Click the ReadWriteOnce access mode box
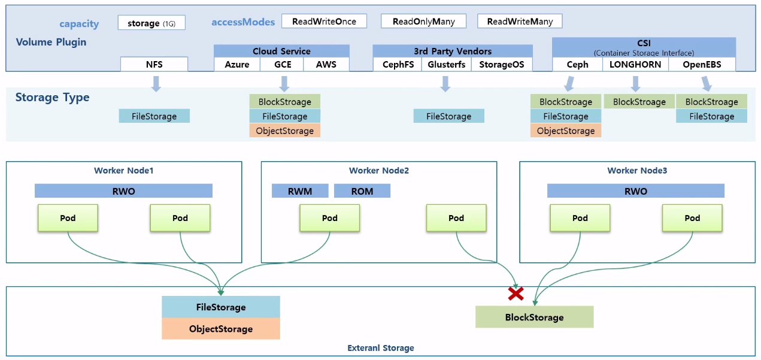pyautogui.click(x=324, y=22)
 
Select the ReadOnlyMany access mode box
pyautogui.click(x=424, y=22)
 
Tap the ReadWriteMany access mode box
pyautogui.click(x=520, y=22)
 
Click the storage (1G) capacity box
pyautogui.click(x=151, y=23)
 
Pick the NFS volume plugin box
pyautogui.click(x=154, y=64)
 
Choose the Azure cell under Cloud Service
pyautogui.click(x=237, y=65)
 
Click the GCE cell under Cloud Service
pyautogui.click(x=283, y=65)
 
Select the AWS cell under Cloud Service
pyautogui.click(x=326, y=65)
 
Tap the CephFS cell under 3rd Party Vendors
pyautogui.click(x=398, y=65)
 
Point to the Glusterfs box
pyautogui.click(x=447, y=65)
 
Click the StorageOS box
pyautogui.click(x=502, y=65)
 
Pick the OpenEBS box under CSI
pyautogui.click(x=702, y=65)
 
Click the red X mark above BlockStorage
pyautogui.click(x=516, y=294)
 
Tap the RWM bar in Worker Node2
pyautogui.click(x=300, y=191)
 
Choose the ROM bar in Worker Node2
pyautogui.click(x=362, y=191)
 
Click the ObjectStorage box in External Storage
pyautogui.click(x=221, y=329)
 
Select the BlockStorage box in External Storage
pyautogui.click(x=534, y=317)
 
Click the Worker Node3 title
pyautogui.click(x=637, y=171)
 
